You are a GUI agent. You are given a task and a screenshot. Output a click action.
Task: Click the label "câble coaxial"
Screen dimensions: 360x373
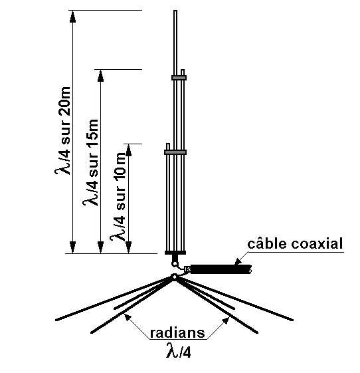295,243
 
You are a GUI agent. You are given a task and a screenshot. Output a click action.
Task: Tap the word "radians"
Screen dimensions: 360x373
177,332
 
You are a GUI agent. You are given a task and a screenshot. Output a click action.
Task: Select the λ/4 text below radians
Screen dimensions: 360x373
179,350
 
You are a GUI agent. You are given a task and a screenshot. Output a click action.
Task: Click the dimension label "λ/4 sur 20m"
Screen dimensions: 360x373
63,131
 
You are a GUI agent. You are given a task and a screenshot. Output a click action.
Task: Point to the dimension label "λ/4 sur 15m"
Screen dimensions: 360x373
90,162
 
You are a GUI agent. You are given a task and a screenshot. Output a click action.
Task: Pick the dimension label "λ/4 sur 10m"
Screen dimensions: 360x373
118,196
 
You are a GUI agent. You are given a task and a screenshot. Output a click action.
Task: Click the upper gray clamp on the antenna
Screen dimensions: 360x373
179,78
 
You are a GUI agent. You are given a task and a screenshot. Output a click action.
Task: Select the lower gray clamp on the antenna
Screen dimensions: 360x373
175,152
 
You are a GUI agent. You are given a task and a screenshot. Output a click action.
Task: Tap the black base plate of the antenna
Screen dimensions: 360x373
175,253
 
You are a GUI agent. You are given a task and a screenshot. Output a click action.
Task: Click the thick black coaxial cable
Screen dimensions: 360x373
221,269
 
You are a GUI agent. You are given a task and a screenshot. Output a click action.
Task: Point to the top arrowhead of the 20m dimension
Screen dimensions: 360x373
72,16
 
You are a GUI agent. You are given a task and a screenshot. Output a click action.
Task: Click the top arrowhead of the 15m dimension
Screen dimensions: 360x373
100,75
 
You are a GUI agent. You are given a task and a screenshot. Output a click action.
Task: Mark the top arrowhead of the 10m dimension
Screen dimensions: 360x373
129,150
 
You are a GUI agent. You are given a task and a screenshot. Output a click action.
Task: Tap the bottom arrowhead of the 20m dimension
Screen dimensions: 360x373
72,247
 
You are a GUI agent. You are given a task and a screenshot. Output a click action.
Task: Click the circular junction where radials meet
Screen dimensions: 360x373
175,277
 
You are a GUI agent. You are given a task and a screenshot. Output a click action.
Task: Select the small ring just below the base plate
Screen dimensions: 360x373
175,264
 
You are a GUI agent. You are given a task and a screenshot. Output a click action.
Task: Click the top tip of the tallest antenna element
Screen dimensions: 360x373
175,11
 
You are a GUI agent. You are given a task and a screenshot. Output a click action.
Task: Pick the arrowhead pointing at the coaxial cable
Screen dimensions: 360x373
238,261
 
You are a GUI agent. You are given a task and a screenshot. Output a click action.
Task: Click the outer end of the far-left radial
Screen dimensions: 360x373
56,320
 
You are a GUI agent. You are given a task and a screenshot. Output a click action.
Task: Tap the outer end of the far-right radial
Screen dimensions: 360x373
292,320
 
